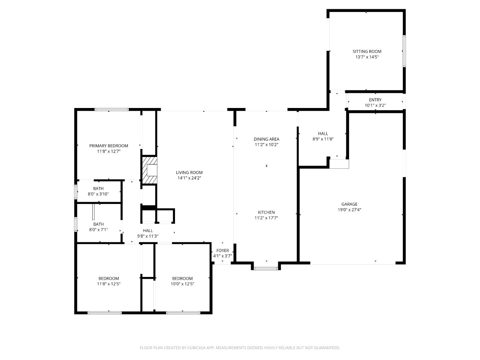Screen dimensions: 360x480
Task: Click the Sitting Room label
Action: [x=367, y=51]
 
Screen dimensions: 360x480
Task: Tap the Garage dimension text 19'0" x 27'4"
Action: [x=349, y=210]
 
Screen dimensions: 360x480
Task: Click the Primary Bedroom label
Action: [x=108, y=146]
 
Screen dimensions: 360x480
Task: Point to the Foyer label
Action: [x=222, y=250]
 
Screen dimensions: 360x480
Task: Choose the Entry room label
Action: [x=375, y=100]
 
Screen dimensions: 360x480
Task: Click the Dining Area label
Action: [x=266, y=139]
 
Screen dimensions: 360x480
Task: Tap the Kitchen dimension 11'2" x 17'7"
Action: [x=266, y=218]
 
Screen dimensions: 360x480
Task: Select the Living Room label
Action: [x=189, y=172]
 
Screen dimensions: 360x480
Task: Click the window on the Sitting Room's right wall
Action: [x=404, y=51]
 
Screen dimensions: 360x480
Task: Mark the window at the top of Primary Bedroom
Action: [x=112, y=109]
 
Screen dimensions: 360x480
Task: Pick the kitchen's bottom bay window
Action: [x=266, y=268]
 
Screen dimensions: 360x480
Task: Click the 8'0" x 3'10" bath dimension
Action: [x=98, y=194]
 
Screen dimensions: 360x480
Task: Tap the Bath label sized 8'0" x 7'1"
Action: [x=98, y=224]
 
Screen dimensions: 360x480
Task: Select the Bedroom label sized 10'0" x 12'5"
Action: [x=182, y=278]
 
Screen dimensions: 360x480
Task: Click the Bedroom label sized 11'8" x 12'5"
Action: [x=108, y=278]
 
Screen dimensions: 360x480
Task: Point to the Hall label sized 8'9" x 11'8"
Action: [x=323, y=133]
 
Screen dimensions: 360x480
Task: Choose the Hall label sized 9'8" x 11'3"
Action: [x=148, y=230]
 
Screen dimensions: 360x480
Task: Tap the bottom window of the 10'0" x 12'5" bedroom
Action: [x=183, y=313]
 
